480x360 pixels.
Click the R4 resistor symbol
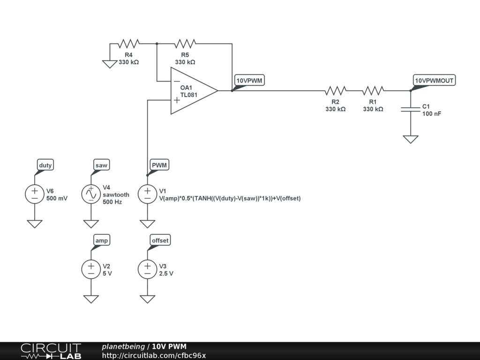(x=128, y=44)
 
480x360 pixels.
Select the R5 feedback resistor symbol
(x=185, y=44)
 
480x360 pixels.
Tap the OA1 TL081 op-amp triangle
(x=192, y=91)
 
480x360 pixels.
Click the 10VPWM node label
(x=249, y=81)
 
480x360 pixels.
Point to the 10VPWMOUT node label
(x=434, y=81)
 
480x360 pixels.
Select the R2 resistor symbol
(x=336, y=90)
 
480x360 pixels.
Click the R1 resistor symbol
(x=373, y=90)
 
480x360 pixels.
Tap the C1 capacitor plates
(x=410, y=109)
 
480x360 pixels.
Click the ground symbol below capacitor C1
(x=410, y=139)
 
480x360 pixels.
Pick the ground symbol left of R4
(x=110, y=64)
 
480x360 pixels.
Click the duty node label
(x=45, y=165)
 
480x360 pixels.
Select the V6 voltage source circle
(x=35, y=194)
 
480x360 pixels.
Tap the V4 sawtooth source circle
(x=91, y=194)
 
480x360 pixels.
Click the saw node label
(x=101, y=165)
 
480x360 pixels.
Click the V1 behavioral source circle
(x=147, y=194)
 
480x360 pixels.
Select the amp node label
(x=101, y=240)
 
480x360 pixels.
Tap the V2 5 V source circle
(x=91, y=269)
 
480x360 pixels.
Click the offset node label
(x=160, y=240)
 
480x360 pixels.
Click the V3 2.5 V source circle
(x=147, y=269)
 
